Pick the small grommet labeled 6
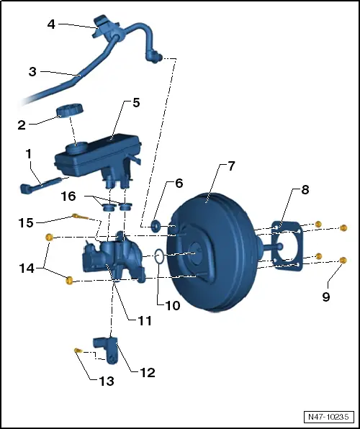tap(154, 227)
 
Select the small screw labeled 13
tap(77, 350)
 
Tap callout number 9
tap(326, 295)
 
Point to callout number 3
tap(32, 72)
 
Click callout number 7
tap(231, 166)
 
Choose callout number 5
tap(136, 102)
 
